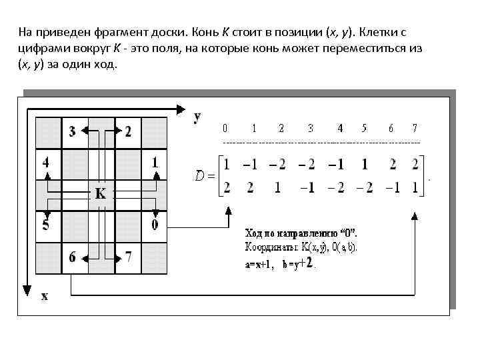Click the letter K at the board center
[x=101, y=193]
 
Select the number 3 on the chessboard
[x=73, y=131]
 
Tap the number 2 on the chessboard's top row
[x=128, y=131]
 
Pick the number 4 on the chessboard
[x=45, y=162]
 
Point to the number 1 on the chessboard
[x=155, y=162]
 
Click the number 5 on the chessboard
[x=45, y=225]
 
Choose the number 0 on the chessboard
[x=155, y=225]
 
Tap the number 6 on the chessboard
[x=73, y=256]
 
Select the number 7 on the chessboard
[x=128, y=256]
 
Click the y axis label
[x=198, y=117]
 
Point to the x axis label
[x=45, y=296]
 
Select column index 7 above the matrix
[x=415, y=127]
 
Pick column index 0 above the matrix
[x=225, y=127]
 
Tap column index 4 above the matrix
[x=340, y=127]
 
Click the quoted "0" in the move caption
[x=349, y=233]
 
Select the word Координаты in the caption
[x=267, y=247]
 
